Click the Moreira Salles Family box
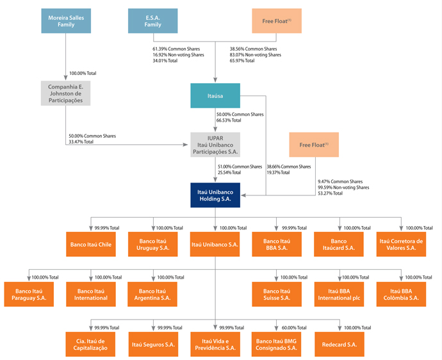coord(66,21)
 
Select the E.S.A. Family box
coord(153,21)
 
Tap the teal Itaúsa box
coord(215,95)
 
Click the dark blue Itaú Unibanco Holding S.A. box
coord(215,195)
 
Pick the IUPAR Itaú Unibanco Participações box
coord(215,145)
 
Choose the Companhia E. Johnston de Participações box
coord(66,94)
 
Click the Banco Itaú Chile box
coord(91,244)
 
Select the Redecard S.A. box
coord(340,344)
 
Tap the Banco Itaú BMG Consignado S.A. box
coord(276,344)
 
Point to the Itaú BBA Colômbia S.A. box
coord(401,294)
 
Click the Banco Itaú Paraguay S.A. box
coord(29,294)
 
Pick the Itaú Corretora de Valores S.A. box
coord(401,244)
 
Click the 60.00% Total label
coord(294,327)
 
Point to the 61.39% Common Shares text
coord(176,49)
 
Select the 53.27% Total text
coord(330,193)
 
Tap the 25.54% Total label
coord(229,172)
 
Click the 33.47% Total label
coord(81,142)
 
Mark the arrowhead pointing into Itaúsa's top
coord(215,80)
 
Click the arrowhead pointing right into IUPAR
coord(185,145)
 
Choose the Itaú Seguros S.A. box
coord(153,344)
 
